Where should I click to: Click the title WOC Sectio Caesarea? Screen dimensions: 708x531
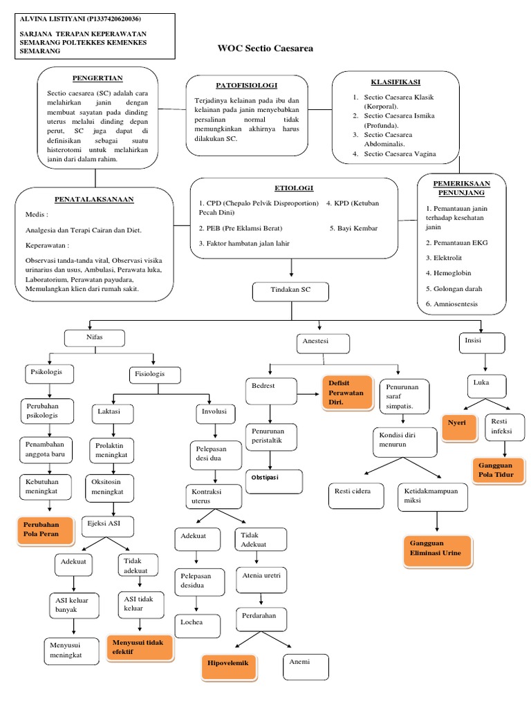[265, 49]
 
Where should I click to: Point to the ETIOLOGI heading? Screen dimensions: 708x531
[294, 187]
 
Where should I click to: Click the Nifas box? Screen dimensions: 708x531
[95, 338]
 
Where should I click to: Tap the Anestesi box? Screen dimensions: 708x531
[324, 344]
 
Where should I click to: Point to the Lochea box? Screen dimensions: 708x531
[198, 626]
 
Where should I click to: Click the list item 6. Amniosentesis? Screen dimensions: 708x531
[451, 304]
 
